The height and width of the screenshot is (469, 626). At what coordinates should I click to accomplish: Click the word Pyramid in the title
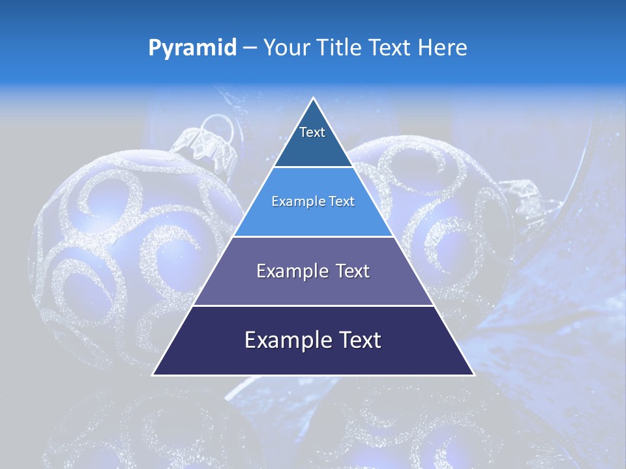(x=192, y=48)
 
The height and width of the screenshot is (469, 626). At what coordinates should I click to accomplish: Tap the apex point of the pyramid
(x=314, y=98)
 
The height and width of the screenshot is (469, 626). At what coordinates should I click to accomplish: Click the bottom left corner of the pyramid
(x=154, y=375)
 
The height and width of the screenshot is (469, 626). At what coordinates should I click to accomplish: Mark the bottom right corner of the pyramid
(x=473, y=375)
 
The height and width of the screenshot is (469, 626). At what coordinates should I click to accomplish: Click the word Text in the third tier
(x=351, y=271)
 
